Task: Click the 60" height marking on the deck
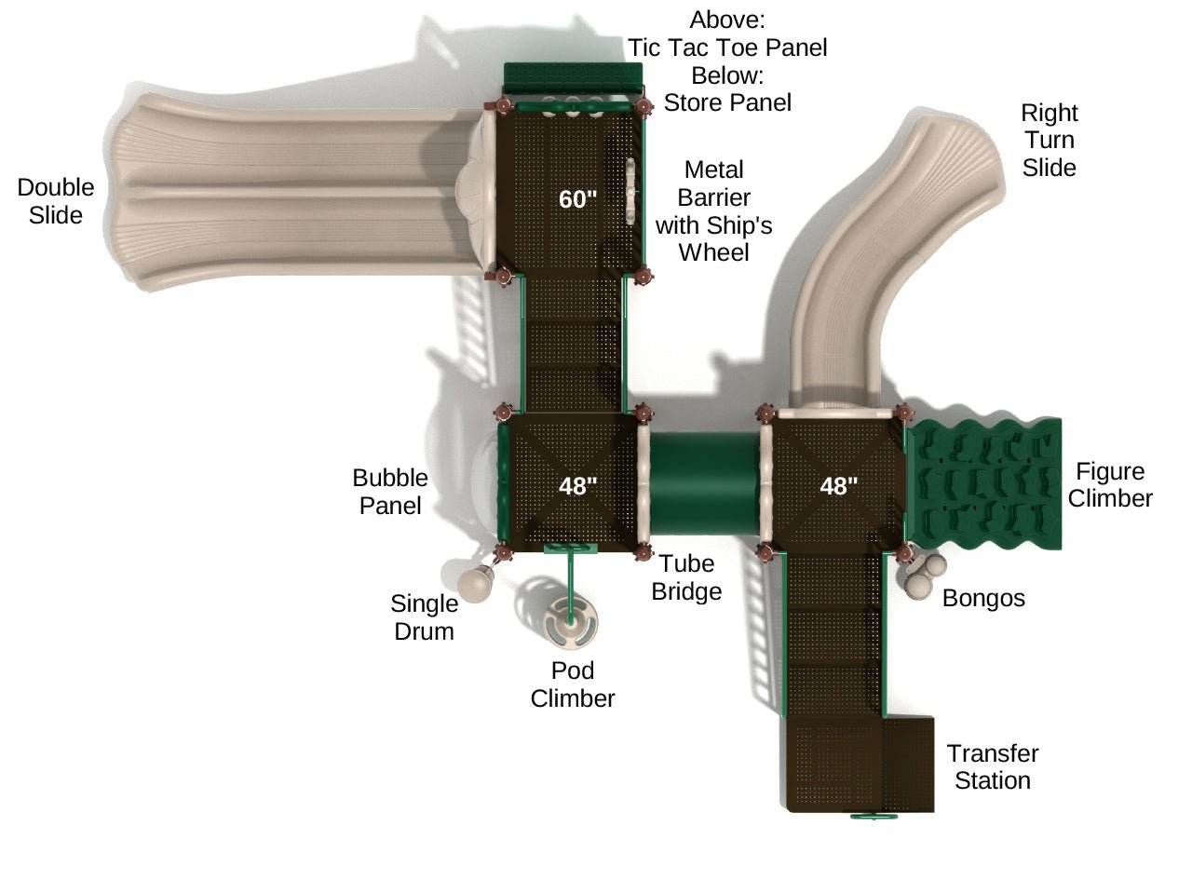576,198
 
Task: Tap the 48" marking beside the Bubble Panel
577,485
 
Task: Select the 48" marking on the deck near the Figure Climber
838,485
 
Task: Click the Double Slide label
56,201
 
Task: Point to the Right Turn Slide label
1049,140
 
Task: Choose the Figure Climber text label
1110,484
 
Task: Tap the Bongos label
983,598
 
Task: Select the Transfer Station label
993,766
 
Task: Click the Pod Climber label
573,684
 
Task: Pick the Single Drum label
425,617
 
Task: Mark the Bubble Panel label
390,492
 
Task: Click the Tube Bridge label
686,577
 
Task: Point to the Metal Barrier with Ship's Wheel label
714,211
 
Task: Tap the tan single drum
475,584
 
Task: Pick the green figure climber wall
985,482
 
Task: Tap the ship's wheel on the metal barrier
630,192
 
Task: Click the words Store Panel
727,102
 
